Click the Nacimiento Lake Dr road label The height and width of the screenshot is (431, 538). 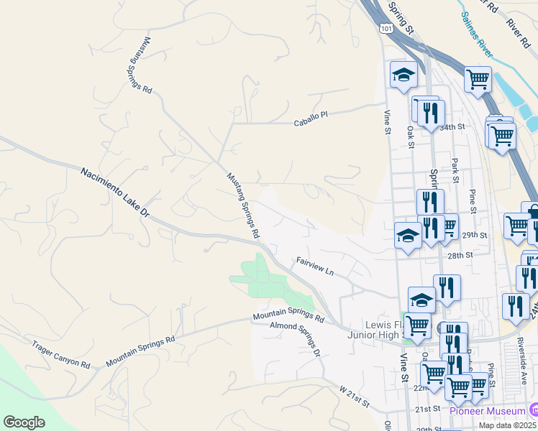114,193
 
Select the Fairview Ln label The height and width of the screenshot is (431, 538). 316,267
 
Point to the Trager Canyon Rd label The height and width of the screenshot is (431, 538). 60,355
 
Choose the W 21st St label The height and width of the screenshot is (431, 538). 354,396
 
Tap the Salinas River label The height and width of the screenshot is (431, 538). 477,34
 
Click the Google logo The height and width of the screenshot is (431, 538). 24,422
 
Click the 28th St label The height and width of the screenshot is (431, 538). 460,255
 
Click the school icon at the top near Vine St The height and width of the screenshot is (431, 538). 403,75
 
